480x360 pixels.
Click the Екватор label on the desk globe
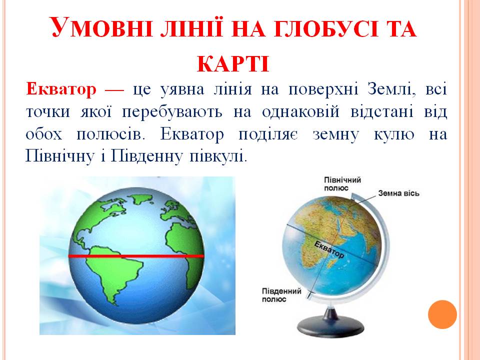[x=329, y=248]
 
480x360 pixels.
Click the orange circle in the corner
[x=442, y=314]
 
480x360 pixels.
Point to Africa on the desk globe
[x=330, y=227]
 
